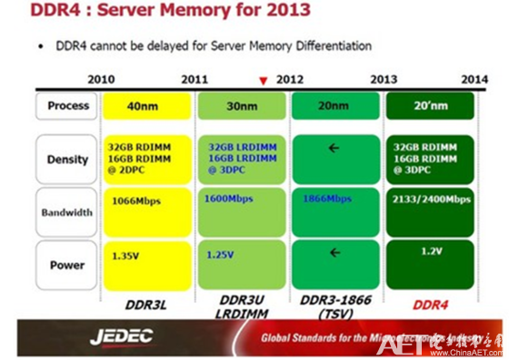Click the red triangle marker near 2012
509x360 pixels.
coord(263,81)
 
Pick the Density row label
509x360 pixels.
coord(67,159)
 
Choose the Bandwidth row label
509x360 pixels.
coord(67,212)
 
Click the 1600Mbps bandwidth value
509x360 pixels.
coord(229,198)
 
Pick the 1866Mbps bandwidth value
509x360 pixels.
coord(326,198)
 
